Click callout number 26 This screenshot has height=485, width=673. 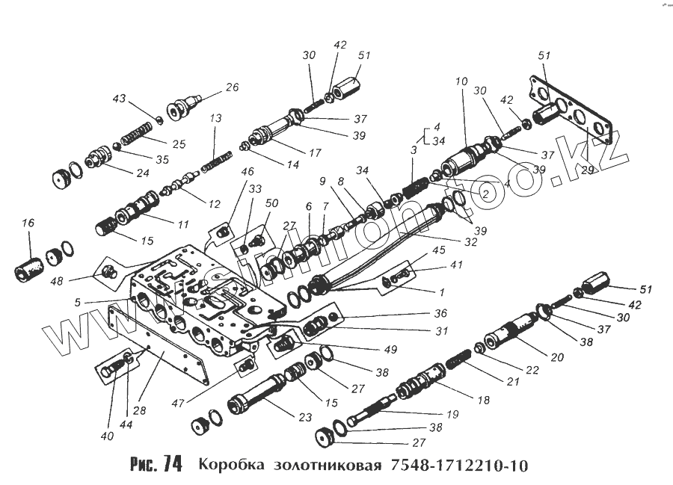click(x=232, y=87)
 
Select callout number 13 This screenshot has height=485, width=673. click(x=215, y=119)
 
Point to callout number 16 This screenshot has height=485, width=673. click(x=28, y=223)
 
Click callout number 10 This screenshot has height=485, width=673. click(x=461, y=80)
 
